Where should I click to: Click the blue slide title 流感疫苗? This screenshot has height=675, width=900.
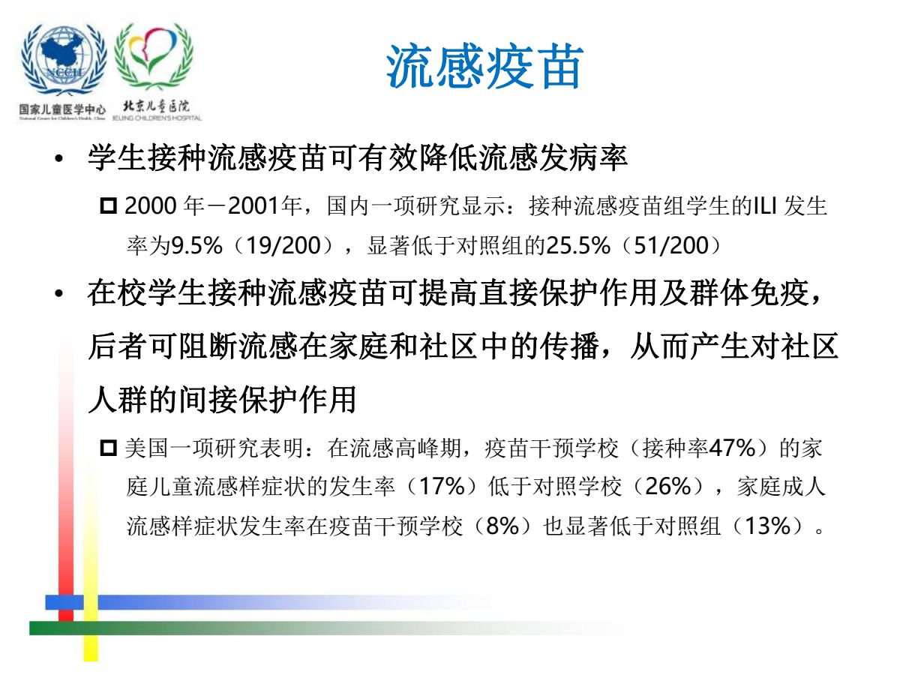tap(484, 67)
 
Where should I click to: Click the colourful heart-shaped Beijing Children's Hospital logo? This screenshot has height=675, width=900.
tap(154, 56)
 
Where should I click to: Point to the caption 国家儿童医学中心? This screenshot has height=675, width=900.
tap(62, 109)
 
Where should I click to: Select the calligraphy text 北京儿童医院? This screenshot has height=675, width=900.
tap(156, 106)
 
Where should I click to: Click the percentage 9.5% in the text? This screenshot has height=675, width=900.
tap(196, 245)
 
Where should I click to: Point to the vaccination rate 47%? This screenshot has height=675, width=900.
tap(732, 448)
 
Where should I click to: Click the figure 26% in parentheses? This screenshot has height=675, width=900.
tap(668, 487)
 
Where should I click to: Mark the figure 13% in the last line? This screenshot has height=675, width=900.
tap(767, 526)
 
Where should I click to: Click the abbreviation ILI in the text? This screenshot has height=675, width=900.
tap(765, 205)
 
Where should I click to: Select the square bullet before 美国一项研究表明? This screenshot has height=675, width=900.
tap(109, 448)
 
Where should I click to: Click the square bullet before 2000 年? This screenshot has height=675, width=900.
tap(109, 205)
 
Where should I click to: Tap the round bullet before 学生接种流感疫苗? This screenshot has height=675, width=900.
tap(59, 158)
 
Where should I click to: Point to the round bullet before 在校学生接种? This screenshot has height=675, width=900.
tap(59, 293)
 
